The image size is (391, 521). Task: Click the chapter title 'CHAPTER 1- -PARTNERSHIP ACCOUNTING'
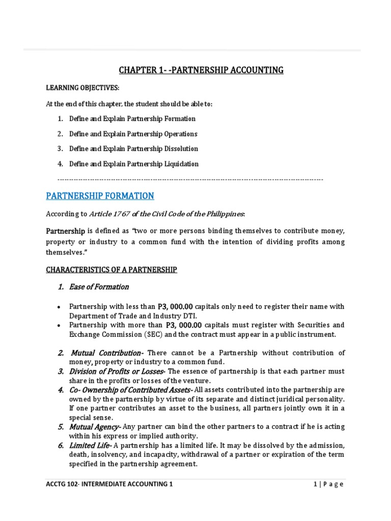201,70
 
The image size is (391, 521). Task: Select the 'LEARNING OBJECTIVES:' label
82,88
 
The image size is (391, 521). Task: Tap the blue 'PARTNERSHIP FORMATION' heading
100,196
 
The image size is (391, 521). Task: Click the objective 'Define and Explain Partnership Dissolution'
133,149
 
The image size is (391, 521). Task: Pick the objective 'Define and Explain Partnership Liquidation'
133,164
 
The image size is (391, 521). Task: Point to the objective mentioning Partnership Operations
133,134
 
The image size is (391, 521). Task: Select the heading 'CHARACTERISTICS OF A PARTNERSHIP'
111,270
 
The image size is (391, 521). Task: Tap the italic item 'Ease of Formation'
99,287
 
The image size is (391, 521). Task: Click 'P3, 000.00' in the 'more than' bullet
184,325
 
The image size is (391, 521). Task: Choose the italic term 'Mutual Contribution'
105,353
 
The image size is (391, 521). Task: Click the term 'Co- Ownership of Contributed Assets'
130,390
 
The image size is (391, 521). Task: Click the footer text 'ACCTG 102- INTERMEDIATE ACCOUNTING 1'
109,484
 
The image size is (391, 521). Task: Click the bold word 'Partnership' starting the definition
66,231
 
